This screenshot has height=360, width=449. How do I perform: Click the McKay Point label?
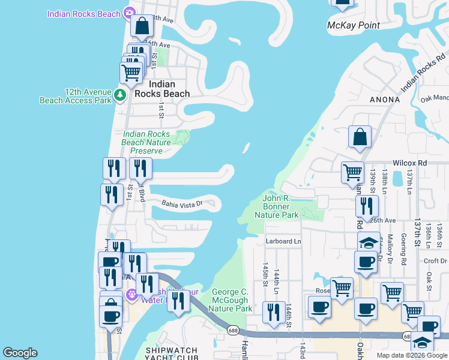pos(354,25)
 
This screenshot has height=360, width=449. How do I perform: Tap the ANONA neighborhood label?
pos(385,99)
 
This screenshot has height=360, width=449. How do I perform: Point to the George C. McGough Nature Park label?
pos(231,300)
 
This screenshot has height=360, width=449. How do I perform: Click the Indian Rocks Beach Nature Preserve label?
pos(146,142)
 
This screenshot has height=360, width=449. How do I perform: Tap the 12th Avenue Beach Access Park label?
pos(76,95)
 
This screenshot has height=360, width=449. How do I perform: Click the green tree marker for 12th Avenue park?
pos(119,95)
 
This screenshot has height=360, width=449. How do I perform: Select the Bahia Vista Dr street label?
pos(182,204)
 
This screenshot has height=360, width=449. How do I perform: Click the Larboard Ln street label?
pos(283,242)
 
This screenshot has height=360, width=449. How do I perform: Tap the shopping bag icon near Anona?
pos(360,137)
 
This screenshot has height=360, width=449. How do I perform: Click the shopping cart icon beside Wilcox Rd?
pos(352,172)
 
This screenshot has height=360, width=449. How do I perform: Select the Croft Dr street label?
pos(435,261)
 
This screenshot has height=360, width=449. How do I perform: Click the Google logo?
pos(20,353)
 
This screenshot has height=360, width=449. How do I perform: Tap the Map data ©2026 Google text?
pos(411,355)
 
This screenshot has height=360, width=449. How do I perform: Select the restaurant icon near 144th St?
pos(274,313)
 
